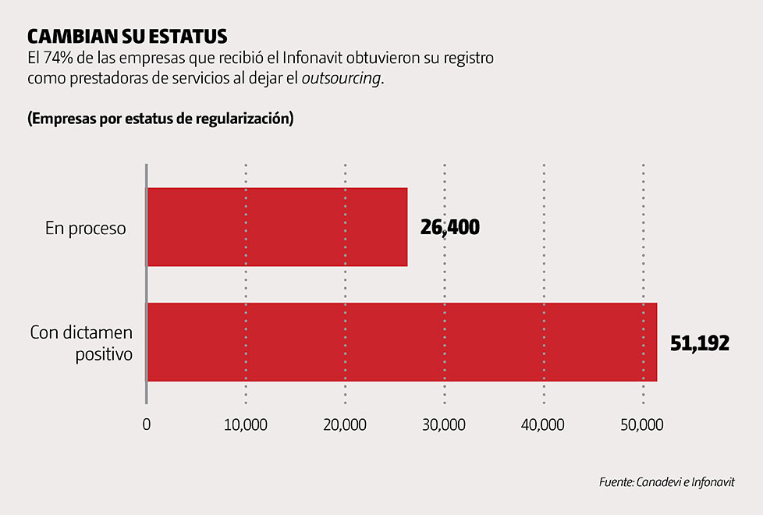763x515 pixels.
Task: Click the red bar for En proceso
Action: [x=277, y=227]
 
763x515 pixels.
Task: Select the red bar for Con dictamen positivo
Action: [x=402, y=342]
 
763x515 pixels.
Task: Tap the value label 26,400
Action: [x=449, y=228]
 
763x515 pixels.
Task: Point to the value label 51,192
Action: [x=700, y=343]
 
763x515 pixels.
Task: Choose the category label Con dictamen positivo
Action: [x=81, y=343]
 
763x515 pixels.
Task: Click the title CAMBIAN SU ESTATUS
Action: [x=127, y=37]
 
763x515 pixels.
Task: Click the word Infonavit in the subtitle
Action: [x=309, y=59]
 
